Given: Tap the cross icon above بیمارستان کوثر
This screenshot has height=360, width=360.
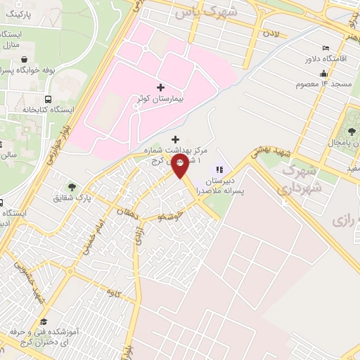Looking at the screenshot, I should click(x=161, y=88).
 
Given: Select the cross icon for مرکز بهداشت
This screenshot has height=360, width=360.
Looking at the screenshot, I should click(x=175, y=139).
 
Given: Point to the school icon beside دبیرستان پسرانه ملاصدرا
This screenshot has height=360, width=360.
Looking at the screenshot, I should click(x=219, y=169).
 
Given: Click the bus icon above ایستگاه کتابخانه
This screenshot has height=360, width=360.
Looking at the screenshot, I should click(x=48, y=99).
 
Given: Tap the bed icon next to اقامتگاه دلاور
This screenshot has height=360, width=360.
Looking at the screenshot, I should click(x=324, y=48).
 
